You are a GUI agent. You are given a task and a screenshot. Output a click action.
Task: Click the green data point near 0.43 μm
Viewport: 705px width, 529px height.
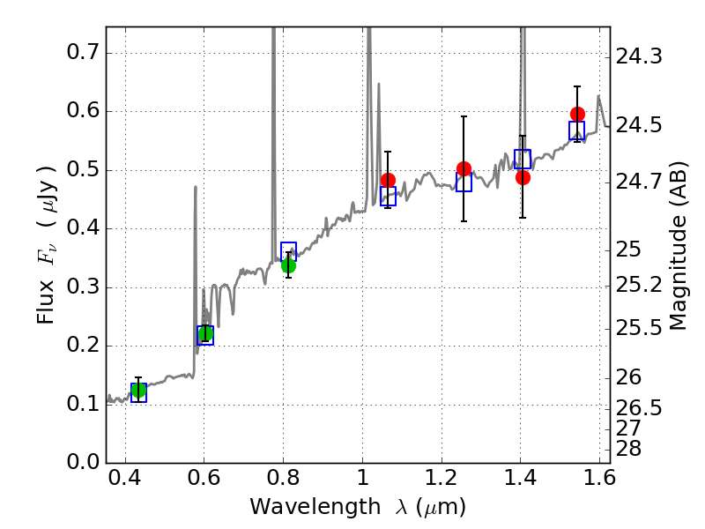point(138,391)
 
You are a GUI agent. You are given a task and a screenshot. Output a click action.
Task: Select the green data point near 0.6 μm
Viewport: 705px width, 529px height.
point(205,333)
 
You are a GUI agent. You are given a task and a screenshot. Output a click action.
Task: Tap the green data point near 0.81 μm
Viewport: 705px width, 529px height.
point(288,265)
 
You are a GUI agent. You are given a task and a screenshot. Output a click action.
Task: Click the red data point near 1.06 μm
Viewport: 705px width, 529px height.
point(388,181)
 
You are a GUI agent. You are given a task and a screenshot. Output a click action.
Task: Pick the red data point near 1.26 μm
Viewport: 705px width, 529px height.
point(464,168)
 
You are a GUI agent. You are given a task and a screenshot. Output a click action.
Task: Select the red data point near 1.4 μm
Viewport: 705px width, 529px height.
point(523,177)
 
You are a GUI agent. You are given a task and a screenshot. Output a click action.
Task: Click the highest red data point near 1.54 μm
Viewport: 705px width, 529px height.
point(577,114)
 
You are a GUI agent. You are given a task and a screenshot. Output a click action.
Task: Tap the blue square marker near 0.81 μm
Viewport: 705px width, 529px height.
point(288,251)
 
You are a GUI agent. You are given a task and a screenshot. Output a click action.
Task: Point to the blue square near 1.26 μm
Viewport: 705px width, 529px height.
point(464,183)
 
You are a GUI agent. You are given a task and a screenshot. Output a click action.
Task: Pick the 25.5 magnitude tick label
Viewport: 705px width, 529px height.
point(638,328)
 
